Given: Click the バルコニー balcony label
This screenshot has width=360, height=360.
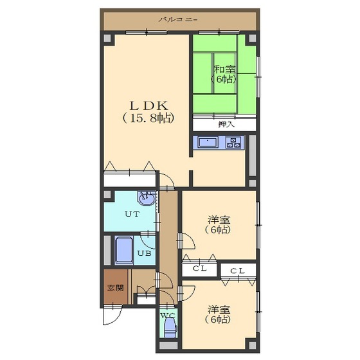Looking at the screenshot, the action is (x=178, y=19).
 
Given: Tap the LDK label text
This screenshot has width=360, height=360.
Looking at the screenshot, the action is (x=149, y=105).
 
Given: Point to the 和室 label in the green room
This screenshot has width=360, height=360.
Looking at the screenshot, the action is (x=224, y=69).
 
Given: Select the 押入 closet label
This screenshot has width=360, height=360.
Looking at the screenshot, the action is (x=226, y=125).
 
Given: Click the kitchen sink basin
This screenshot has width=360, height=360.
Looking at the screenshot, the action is (x=208, y=142).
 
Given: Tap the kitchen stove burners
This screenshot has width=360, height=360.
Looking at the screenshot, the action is (x=233, y=142).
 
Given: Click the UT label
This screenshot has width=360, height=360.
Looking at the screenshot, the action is (x=132, y=214).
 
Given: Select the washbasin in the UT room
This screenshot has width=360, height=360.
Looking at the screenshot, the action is (x=147, y=198).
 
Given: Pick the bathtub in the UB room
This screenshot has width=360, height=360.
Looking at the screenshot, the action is (x=124, y=251).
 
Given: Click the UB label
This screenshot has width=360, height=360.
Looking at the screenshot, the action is (x=145, y=253).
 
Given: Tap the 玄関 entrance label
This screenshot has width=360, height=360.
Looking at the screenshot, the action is (x=116, y=288).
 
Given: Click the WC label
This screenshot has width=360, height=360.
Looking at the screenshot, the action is (x=168, y=316).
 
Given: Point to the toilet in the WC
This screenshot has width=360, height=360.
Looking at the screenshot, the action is (x=170, y=328).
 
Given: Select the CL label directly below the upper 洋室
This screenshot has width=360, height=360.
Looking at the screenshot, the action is (x=200, y=268).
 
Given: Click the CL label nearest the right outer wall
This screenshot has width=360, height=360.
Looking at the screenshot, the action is (x=237, y=271).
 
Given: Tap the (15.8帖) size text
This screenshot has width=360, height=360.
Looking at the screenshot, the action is (x=148, y=118).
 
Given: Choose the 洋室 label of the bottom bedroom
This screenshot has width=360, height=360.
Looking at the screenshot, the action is (x=219, y=309).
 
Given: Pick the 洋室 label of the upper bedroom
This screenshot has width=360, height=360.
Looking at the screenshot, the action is (x=219, y=220).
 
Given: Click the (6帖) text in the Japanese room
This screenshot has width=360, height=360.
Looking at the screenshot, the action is (x=224, y=79).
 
